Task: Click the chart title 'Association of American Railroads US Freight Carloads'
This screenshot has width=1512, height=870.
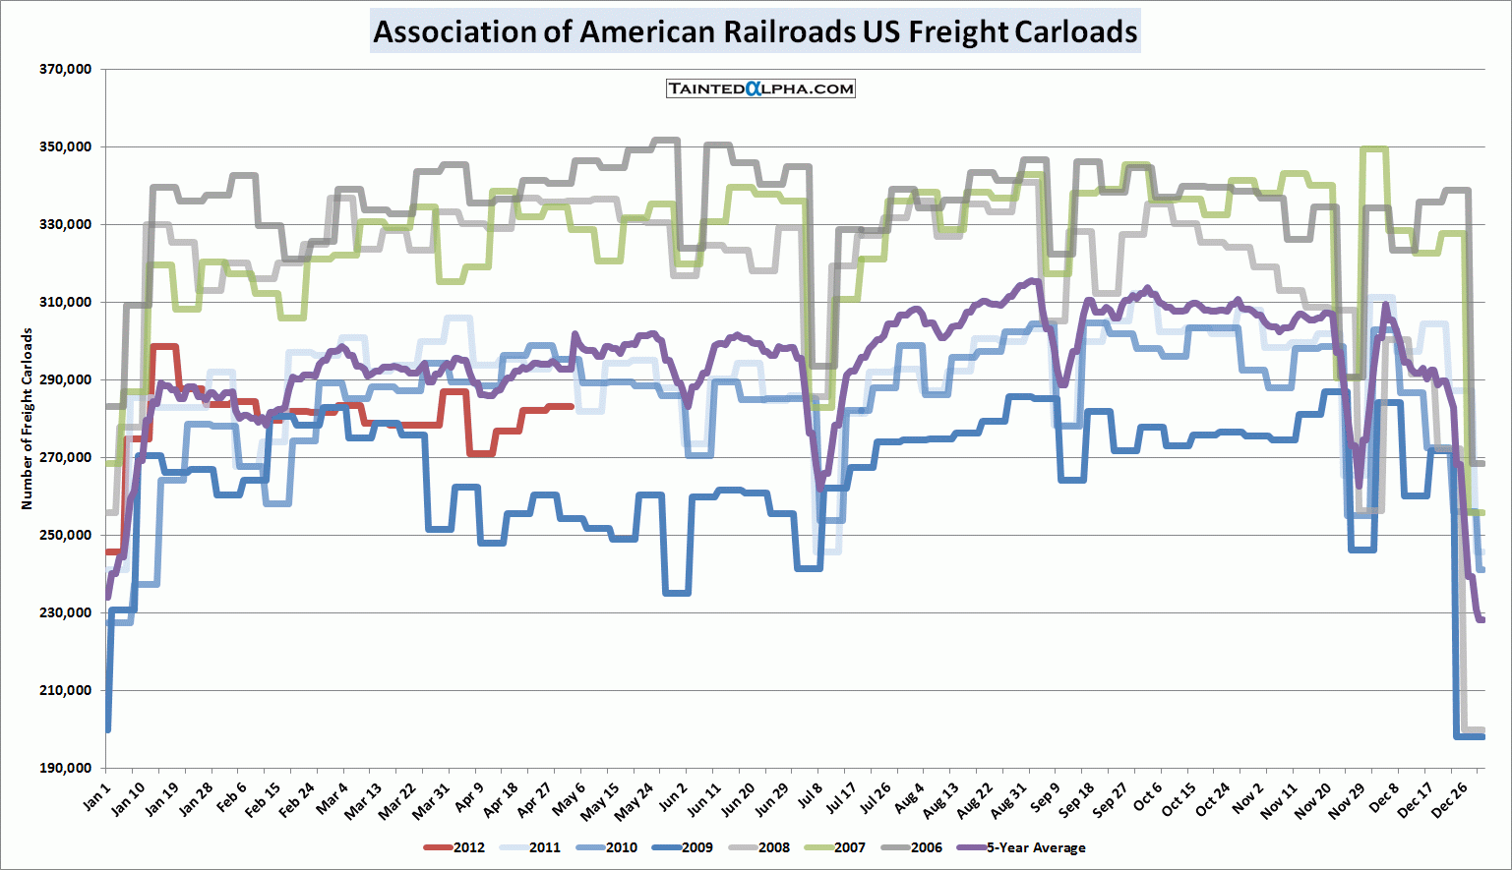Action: pyautogui.click(x=756, y=31)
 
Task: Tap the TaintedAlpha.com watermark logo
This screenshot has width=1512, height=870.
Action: pyautogui.click(x=760, y=88)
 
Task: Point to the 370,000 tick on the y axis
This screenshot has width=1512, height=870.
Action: pyautogui.click(x=66, y=69)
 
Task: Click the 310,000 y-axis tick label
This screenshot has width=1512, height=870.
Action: pyautogui.click(x=66, y=302)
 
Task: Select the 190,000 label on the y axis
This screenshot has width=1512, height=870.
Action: pyautogui.click(x=66, y=768)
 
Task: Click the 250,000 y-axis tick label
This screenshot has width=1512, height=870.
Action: pyautogui.click(x=66, y=535)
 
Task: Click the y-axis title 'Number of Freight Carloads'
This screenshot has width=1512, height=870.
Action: pyautogui.click(x=27, y=419)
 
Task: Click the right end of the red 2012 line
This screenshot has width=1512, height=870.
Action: pyautogui.click(x=573, y=405)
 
